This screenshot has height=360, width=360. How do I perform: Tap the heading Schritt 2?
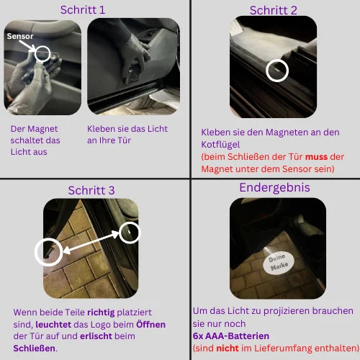pos(273,10)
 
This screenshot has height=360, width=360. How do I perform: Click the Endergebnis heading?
pos(274,188)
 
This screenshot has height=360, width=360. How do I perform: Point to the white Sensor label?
pos(20,35)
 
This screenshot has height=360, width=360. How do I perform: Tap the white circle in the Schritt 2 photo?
pos(276,70)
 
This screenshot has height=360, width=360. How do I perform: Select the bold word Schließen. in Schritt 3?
pos(35,348)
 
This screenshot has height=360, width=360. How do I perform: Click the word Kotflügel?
pos(221,144)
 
